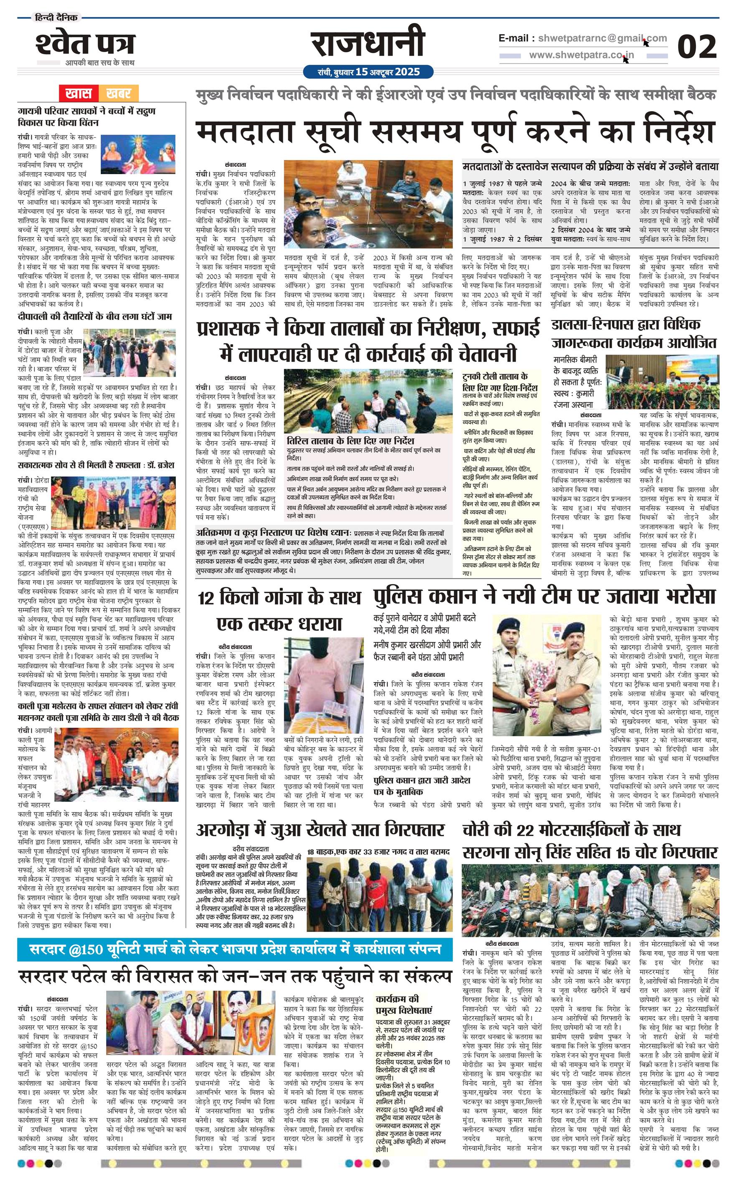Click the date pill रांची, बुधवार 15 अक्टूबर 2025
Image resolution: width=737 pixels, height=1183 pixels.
pos(368,72)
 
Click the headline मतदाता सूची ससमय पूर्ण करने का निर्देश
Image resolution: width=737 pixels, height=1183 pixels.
pos(455,131)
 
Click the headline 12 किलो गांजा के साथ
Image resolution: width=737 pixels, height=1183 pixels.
pos(280,597)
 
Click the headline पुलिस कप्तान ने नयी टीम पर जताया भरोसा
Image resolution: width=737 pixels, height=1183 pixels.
pos(544,595)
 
